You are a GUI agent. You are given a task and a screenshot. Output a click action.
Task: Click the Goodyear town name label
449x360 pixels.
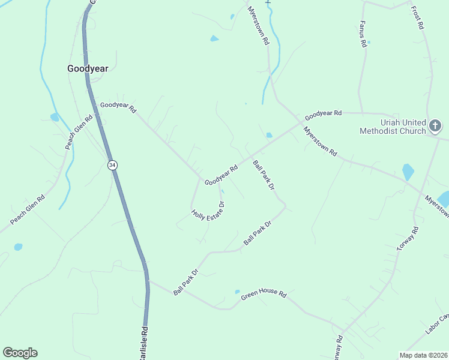[x=88, y=68]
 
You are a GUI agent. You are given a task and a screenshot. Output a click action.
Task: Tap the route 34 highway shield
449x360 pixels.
[x=112, y=164]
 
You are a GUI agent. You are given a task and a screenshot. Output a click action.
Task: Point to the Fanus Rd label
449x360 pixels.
[x=363, y=33]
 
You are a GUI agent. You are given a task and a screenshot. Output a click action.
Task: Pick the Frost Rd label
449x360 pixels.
[x=418, y=18]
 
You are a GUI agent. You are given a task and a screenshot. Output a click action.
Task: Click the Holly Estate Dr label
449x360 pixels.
[x=208, y=212]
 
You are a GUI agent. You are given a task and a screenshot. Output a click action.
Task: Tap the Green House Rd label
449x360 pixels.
[x=264, y=295]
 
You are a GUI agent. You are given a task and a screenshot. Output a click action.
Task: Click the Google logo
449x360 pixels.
[x=20, y=353]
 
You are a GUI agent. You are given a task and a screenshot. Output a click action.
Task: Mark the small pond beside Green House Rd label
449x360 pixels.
[x=237, y=292]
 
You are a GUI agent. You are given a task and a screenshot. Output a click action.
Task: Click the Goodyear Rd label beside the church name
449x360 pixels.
[x=323, y=113]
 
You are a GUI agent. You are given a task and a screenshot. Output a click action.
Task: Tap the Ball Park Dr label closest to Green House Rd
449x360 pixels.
[x=186, y=281]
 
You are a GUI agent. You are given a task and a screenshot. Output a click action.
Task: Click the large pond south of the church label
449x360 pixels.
[x=408, y=172]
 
